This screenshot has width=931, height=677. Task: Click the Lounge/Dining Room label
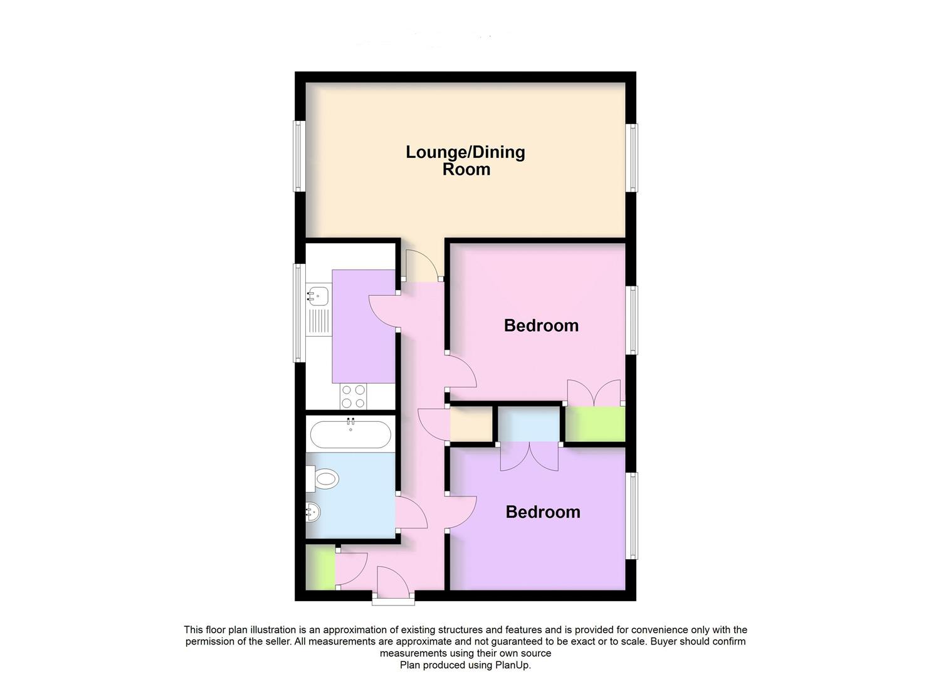click(465, 160)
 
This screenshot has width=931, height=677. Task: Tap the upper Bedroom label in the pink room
click(541, 325)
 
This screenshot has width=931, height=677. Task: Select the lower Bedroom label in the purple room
click(543, 512)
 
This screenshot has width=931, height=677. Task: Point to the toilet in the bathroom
click(324, 481)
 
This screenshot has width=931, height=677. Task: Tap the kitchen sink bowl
click(318, 294)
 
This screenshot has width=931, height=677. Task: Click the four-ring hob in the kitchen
click(354, 396)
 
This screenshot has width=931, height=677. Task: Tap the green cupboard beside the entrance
click(321, 568)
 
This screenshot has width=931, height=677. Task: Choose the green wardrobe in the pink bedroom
click(595, 424)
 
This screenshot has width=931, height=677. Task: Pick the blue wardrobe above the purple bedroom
click(529, 424)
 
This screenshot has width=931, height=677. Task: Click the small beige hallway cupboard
click(471, 425)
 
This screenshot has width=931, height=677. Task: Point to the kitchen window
click(299, 313)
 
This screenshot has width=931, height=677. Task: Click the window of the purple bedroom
click(633, 515)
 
